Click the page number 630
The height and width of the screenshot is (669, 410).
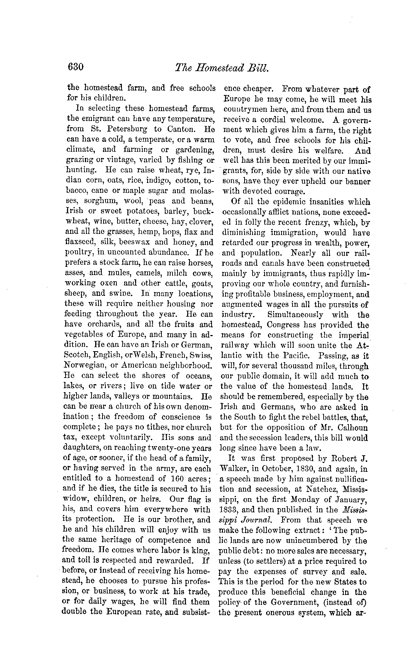[x=76, y=67]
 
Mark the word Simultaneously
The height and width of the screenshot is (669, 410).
[x=295, y=315]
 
